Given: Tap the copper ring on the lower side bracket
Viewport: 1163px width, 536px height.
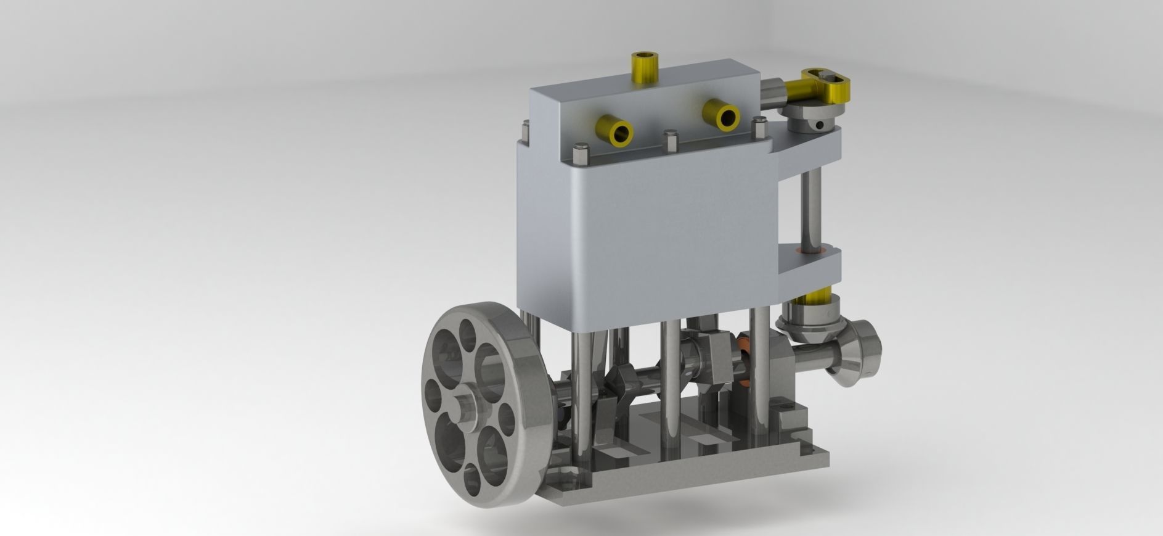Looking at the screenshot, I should coord(810,250).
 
